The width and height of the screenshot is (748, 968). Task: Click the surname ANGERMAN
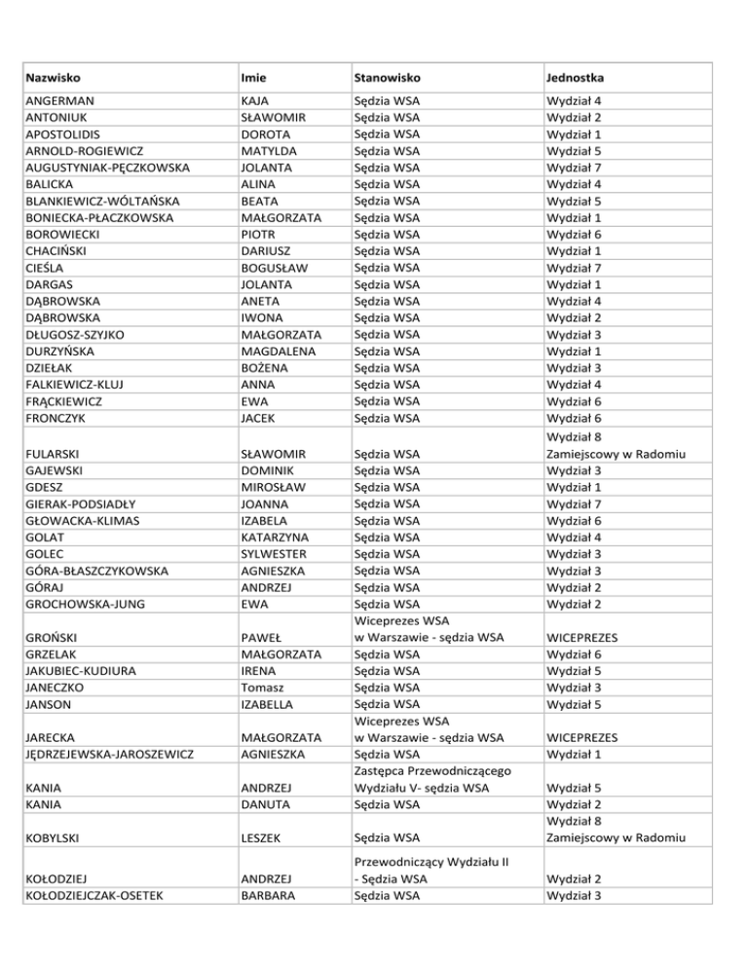coord(62,101)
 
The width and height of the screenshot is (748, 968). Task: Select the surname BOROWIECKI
coord(65,235)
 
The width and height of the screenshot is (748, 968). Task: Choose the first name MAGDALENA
coord(279,352)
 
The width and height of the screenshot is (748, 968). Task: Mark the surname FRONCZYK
coord(57,418)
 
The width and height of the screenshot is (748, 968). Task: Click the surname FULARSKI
coord(56,454)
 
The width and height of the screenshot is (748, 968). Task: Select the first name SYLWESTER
coord(273,554)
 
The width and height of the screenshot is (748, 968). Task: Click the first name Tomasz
coord(262,688)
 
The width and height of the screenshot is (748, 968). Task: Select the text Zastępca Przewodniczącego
coord(432,771)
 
